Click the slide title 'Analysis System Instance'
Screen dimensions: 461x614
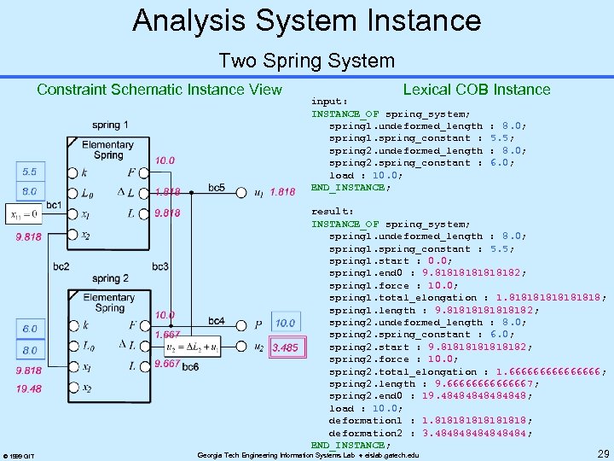pyautogui.click(x=306, y=20)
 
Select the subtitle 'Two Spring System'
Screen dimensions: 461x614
pyautogui.click(x=306, y=61)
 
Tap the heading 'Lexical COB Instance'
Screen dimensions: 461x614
pyautogui.click(x=476, y=90)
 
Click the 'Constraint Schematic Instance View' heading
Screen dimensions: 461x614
pyautogui.click(x=159, y=90)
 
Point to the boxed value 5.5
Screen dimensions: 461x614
pyautogui.click(x=29, y=172)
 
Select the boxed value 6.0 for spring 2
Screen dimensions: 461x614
pyautogui.click(x=29, y=329)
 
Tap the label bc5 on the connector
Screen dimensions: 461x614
pyautogui.click(x=217, y=188)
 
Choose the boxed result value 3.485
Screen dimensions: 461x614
pyautogui.click(x=285, y=347)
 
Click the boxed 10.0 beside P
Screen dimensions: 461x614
pyautogui.click(x=285, y=323)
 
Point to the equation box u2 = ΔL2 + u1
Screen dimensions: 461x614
pyautogui.click(x=206, y=347)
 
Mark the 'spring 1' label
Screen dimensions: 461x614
pyautogui.click(x=111, y=125)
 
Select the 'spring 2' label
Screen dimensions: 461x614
pyautogui.click(x=110, y=278)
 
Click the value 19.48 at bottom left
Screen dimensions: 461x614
pyautogui.click(x=29, y=389)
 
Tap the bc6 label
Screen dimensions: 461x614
pyautogui.click(x=189, y=366)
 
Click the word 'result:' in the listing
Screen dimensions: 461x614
pyautogui.click(x=332, y=211)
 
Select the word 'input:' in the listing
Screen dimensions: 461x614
pyautogui.click(x=329, y=100)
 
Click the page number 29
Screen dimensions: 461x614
pyautogui.click(x=602, y=452)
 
